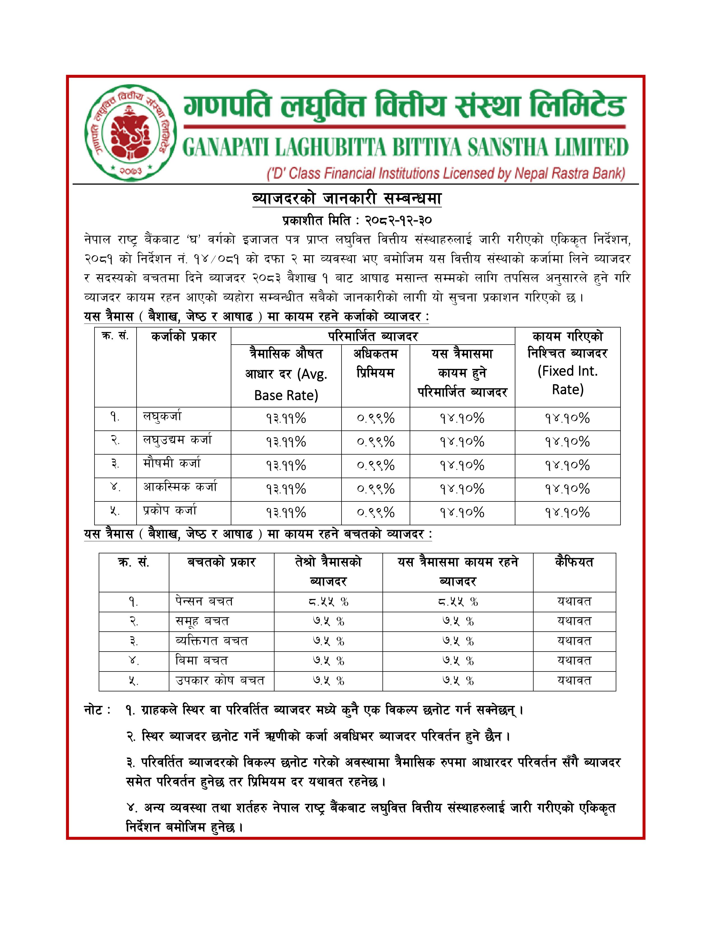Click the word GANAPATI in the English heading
point(226,148)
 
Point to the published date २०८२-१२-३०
point(398,221)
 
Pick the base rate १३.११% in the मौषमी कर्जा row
point(286,466)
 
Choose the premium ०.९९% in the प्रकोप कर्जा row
point(375,513)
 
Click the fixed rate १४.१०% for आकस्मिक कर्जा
point(567,489)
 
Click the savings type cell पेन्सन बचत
point(204,601)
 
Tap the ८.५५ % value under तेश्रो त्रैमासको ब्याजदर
point(328,601)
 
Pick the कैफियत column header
point(574,562)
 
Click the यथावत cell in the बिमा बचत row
point(574,661)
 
